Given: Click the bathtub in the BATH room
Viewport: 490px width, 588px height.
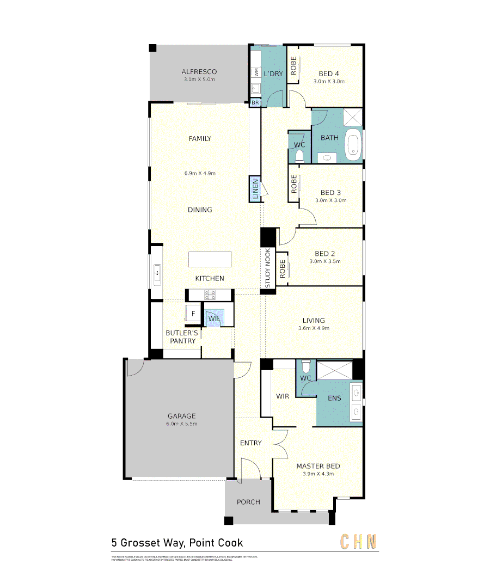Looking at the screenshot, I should (x=354, y=145).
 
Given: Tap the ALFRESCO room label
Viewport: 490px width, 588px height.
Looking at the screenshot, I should (x=199, y=72).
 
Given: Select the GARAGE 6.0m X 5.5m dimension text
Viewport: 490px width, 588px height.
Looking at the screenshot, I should (x=181, y=424).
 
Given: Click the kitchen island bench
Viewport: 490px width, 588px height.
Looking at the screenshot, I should (x=210, y=259).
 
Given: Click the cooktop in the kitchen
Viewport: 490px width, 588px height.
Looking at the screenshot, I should (x=210, y=295).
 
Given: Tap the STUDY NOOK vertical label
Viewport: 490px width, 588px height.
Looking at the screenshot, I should (x=268, y=268).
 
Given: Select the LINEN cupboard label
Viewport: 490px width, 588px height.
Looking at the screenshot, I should (x=255, y=189).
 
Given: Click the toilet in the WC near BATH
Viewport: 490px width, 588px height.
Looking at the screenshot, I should (x=298, y=156).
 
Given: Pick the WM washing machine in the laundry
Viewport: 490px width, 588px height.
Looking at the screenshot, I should (x=255, y=71).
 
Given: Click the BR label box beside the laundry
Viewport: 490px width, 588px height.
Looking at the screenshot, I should (x=255, y=102).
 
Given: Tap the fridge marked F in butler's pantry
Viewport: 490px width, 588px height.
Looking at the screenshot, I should (x=192, y=314).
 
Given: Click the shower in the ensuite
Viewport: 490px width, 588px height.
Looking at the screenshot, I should (x=334, y=370).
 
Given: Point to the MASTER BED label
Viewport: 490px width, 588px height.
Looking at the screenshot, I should (x=318, y=466).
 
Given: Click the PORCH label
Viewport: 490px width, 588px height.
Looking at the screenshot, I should (x=248, y=502).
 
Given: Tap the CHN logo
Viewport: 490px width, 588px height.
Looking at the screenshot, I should (x=358, y=542).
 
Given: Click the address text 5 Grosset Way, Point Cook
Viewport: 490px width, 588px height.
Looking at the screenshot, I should (x=177, y=543).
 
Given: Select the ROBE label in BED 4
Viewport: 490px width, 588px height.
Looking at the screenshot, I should (x=293, y=66).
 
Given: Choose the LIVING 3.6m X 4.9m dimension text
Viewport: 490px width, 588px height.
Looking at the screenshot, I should (x=314, y=328).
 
